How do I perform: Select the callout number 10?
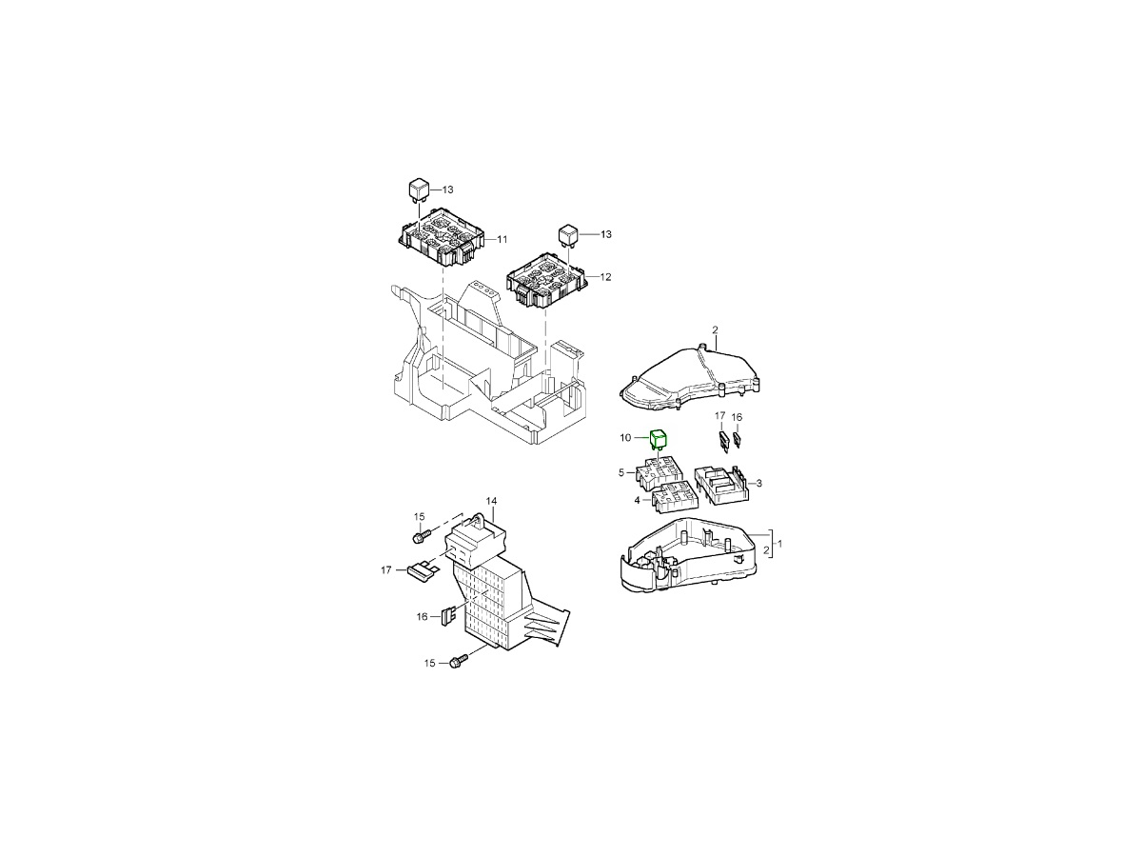click(625, 438)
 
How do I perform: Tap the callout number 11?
click(502, 239)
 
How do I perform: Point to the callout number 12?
click(605, 277)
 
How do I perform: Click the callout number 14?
click(492, 501)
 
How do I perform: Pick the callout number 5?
click(621, 472)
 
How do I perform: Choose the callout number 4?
click(637, 500)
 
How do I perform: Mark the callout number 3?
click(759, 484)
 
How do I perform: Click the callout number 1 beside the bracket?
click(778, 544)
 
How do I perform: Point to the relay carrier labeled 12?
click(547, 285)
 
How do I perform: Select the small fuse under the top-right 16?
click(737, 440)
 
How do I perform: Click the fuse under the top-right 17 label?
click(723, 441)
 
